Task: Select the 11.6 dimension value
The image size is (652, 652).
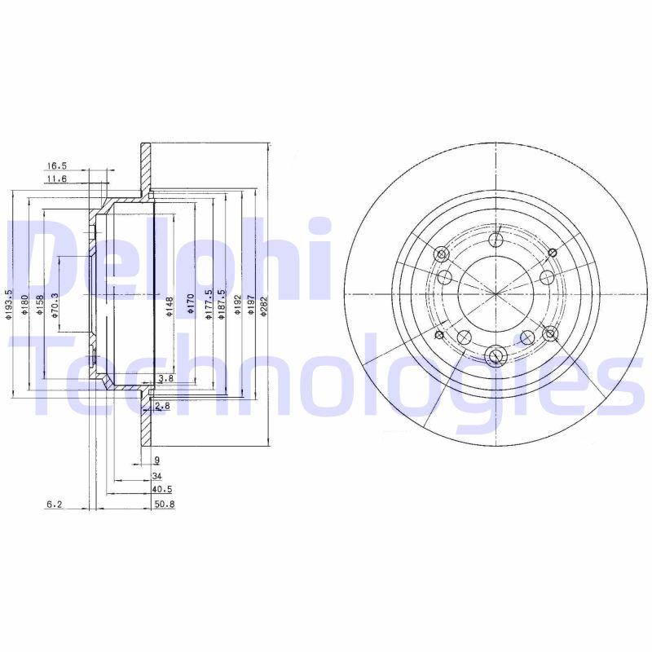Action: click(x=57, y=178)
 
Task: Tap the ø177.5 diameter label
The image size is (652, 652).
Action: click(x=209, y=305)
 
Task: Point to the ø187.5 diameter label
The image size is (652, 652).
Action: click(x=222, y=305)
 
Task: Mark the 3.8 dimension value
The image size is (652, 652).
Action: click(x=165, y=378)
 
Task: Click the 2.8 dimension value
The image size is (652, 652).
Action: click(x=162, y=405)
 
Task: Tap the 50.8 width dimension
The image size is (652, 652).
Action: click(x=164, y=504)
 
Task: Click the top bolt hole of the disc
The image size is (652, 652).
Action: click(x=495, y=240)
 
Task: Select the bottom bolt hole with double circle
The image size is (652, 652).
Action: click(x=495, y=355)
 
